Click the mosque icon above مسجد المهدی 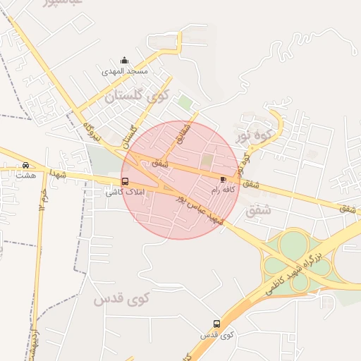[125, 60]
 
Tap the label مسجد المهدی [125, 71]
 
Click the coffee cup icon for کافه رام [224, 179]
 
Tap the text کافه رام [224, 190]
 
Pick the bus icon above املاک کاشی [125, 181]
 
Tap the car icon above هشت [26, 164]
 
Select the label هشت [26, 175]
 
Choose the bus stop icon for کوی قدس [216, 324]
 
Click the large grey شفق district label [258, 209]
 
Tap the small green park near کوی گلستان [185, 103]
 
